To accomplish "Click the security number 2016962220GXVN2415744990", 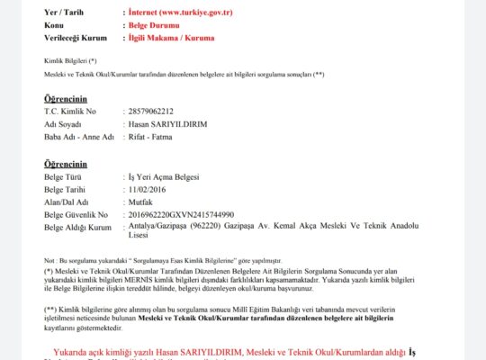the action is tap(181, 215).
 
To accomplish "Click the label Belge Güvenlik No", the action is tap(76, 215).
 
